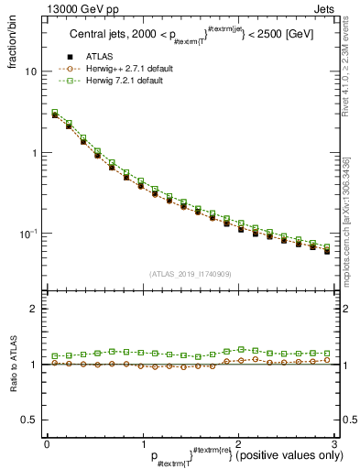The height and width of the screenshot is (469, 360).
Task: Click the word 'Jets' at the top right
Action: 323,8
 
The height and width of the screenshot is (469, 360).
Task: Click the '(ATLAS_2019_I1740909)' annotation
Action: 190,273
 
